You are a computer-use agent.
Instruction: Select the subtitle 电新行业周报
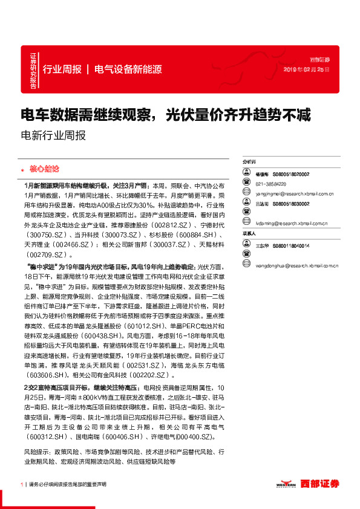pyautogui.click(x=53, y=135)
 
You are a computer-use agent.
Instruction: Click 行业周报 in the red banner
pyautogui.click(x=62, y=70)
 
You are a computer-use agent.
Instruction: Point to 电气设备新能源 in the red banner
pyautogui.click(x=128, y=70)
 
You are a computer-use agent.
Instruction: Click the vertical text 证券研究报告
pyautogui.click(x=33, y=71)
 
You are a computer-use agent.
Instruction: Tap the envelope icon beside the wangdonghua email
pyautogui.click(x=247, y=264)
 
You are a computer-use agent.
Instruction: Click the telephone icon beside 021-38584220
pyautogui.click(x=247, y=183)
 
